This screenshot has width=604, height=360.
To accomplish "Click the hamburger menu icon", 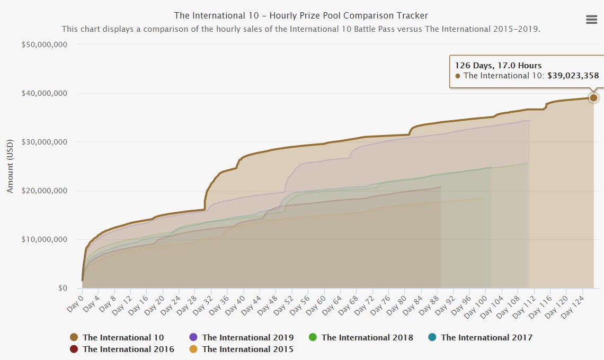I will [x=591, y=20].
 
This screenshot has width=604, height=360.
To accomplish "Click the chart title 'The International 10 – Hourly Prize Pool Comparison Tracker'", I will [x=301, y=16].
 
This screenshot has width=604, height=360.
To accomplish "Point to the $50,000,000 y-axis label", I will [x=45, y=45].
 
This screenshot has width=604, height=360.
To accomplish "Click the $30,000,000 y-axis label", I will [x=45, y=142].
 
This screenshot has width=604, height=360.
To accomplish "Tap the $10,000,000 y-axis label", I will [x=45, y=239].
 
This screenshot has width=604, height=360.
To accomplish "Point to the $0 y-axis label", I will [x=63, y=288].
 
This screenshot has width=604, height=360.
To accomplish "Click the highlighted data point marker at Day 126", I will [x=593, y=97].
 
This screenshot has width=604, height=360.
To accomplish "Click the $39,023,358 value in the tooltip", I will [x=573, y=76].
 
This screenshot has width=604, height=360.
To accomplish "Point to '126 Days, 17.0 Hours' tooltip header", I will [x=498, y=65].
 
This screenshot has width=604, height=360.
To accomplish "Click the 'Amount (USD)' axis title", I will [x=10, y=166].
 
